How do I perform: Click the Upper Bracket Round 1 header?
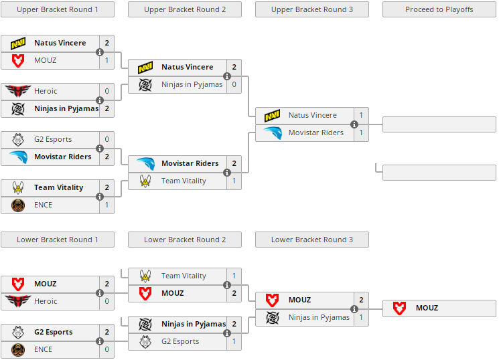point(58,9)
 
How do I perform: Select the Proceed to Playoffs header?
point(439,9)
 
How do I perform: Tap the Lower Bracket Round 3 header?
point(312,240)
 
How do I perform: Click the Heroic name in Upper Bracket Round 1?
point(46,91)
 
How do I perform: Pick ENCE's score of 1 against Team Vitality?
point(106,205)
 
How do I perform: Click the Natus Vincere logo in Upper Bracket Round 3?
point(273,116)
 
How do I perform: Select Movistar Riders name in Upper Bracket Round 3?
point(316,132)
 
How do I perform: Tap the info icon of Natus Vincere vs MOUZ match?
point(100,52)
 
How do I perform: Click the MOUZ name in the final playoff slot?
point(427,308)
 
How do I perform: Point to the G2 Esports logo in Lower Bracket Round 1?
point(18,333)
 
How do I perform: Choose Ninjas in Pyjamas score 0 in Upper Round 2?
point(234,84)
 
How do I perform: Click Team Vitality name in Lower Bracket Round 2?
point(184,276)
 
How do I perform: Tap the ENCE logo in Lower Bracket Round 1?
point(18,349)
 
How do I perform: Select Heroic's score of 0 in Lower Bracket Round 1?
point(106,301)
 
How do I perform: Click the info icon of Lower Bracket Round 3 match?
point(354,309)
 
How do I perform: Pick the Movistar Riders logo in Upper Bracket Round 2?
point(145,164)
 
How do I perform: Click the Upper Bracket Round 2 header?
point(185,9)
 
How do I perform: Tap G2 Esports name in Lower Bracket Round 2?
point(180,341)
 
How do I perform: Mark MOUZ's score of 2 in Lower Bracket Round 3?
point(361,300)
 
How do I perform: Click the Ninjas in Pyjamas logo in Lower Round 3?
point(273,317)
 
